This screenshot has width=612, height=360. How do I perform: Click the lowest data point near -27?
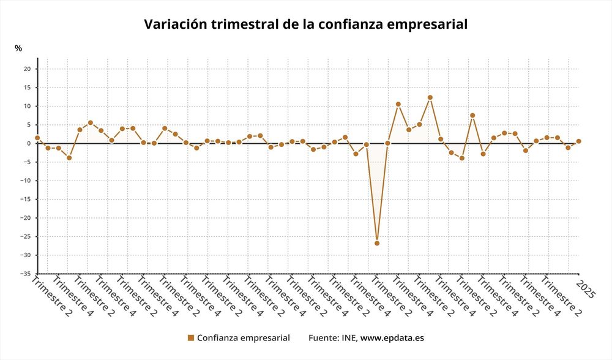tap(377, 243)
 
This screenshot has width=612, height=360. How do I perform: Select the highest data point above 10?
tap(430, 97)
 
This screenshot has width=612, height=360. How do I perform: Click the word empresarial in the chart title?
tap(431, 24)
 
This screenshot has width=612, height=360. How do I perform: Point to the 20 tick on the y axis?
tap(27, 69)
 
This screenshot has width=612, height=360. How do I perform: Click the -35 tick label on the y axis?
tap(24, 274)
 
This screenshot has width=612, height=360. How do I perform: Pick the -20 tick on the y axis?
tap(24, 218)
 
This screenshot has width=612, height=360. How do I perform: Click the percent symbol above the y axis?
tap(18, 48)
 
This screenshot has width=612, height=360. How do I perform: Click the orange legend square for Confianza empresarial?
tap(190, 337)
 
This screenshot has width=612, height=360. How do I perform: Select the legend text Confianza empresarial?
tap(243, 337)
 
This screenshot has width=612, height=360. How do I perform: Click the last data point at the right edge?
tap(578, 141)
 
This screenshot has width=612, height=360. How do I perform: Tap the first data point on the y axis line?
tap(37, 138)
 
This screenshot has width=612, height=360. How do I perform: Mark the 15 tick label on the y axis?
tap(27, 88)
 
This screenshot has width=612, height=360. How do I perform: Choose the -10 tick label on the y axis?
tap(24, 181)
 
